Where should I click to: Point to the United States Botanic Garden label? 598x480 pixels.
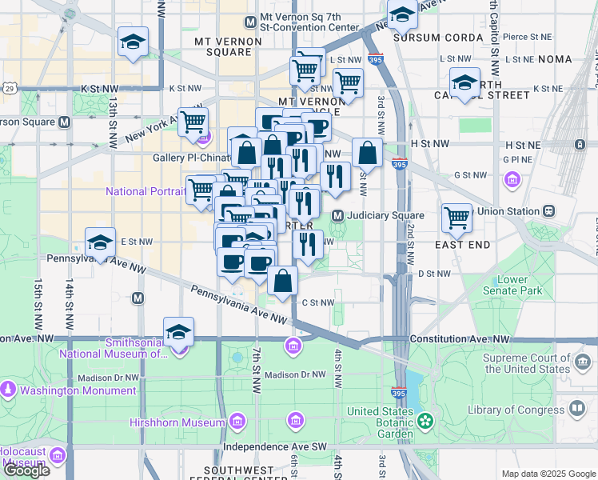click(381, 422)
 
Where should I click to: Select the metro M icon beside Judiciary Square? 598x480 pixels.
click(338, 216)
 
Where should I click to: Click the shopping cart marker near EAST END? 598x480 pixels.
click(456, 216)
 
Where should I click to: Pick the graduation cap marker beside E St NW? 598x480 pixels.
click(100, 242)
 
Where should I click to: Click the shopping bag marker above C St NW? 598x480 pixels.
click(283, 281)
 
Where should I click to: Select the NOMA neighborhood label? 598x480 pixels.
click(555, 59)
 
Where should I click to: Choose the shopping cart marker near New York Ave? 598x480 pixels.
click(193, 122)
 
